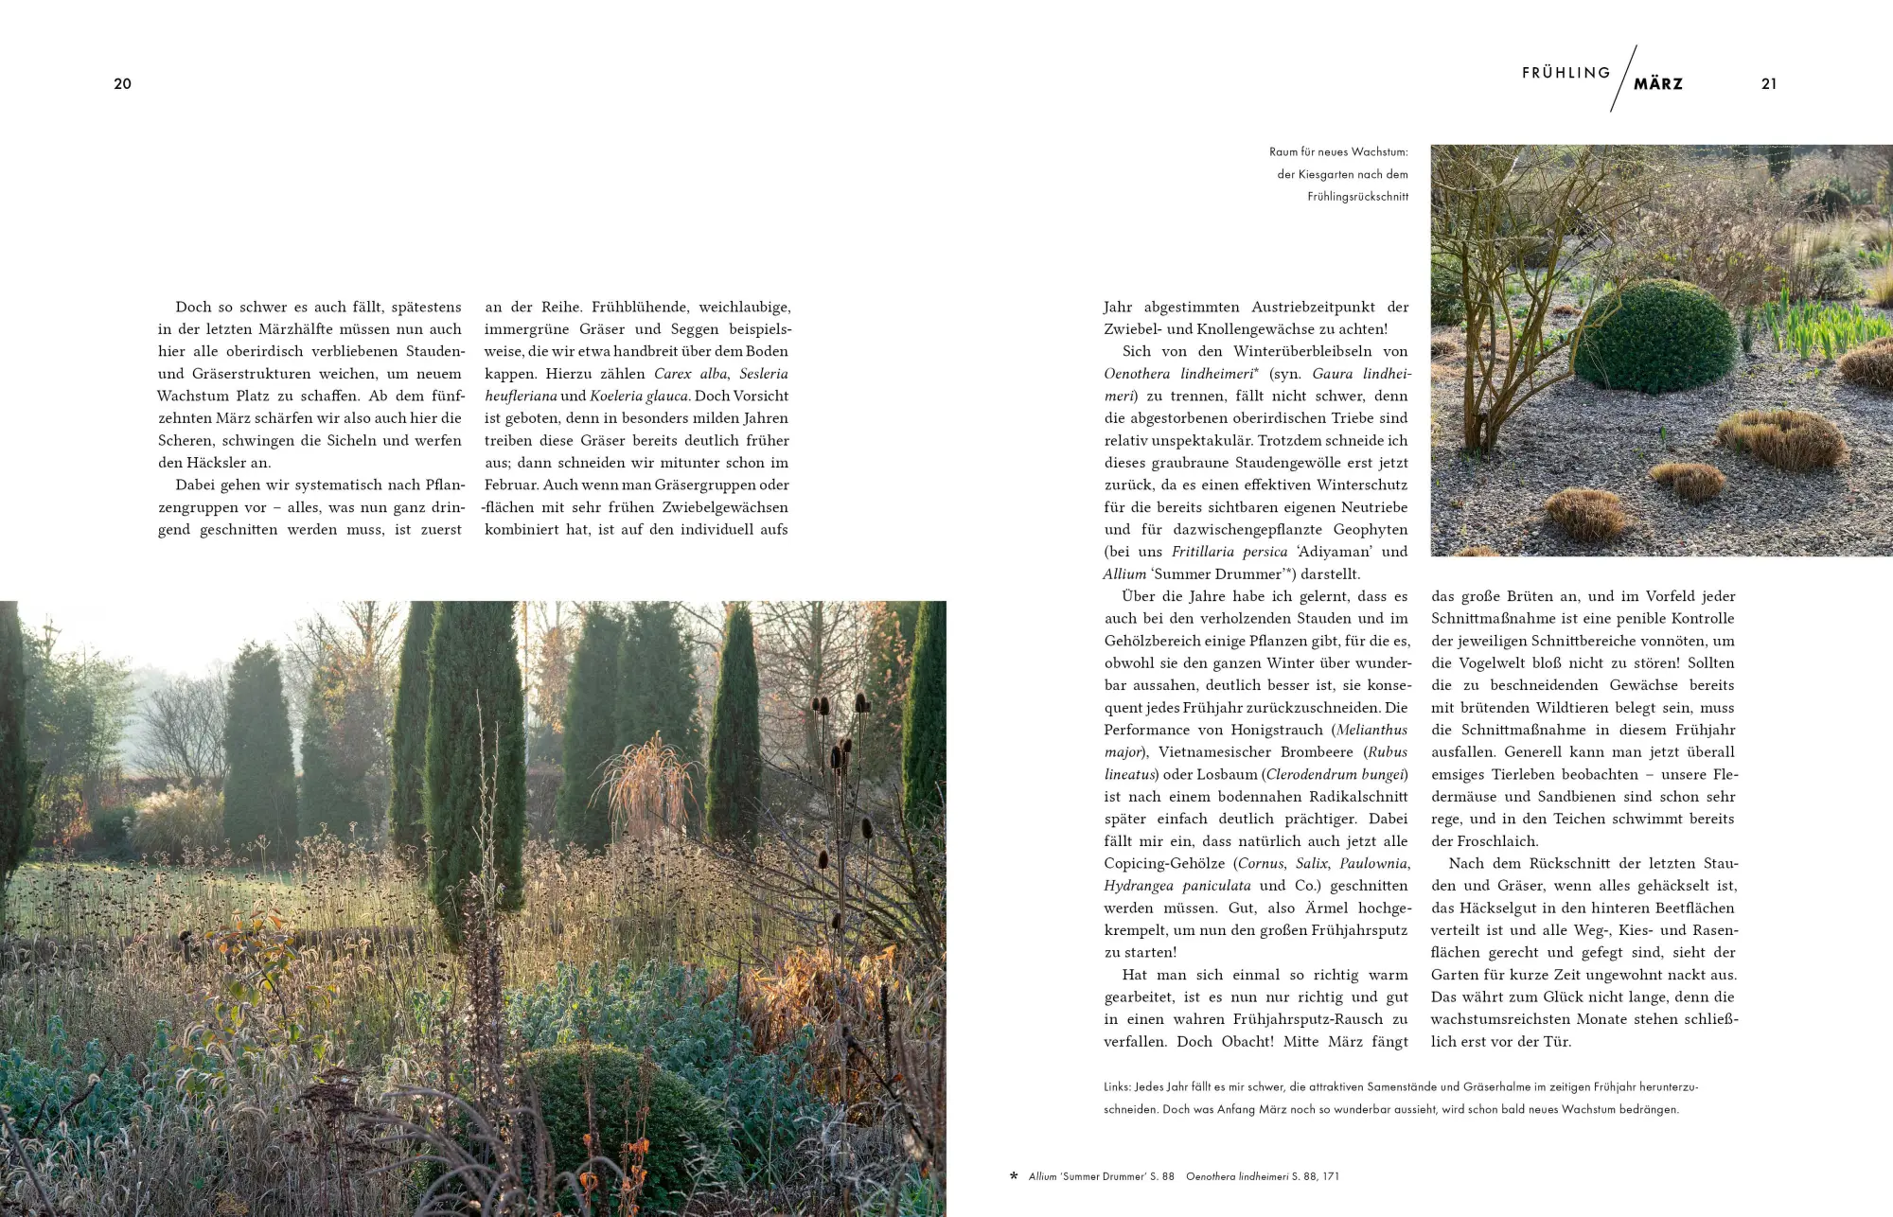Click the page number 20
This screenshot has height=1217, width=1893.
[x=122, y=84]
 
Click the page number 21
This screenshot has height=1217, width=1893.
[x=1768, y=84]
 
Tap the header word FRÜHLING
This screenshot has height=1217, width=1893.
[x=1566, y=73]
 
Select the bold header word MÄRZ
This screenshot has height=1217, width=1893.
[x=1658, y=84]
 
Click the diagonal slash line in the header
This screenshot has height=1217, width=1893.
[x=1622, y=79]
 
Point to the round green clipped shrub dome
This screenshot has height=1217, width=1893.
[x=1654, y=336]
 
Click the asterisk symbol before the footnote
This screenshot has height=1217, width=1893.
[x=1014, y=1176]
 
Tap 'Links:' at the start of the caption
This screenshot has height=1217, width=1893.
[x=1118, y=1086]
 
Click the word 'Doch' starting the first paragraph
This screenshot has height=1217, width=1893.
[x=193, y=308]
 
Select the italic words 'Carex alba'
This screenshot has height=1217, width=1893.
[x=690, y=374]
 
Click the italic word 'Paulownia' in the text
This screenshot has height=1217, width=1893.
[x=1373, y=864]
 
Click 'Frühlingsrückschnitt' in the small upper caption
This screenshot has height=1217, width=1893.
[x=1357, y=197]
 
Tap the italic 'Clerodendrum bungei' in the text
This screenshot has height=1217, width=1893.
[x=1336, y=775]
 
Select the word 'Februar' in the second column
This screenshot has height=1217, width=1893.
[x=511, y=485]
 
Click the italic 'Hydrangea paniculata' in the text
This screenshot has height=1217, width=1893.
[x=1176, y=886]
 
